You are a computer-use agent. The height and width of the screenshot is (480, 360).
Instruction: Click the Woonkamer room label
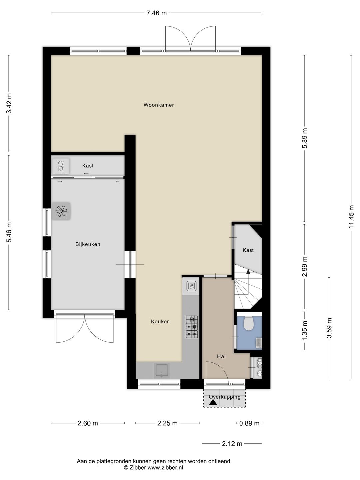[x=159, y=105]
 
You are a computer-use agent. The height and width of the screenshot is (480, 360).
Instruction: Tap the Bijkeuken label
[x=88, y=244]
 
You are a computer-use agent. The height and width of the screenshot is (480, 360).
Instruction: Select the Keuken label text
[x=160, y=321]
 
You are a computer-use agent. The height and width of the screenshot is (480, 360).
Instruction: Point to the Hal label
[x=221, y=356]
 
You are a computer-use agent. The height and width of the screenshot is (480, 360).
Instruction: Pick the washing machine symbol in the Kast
[x=61, y=166]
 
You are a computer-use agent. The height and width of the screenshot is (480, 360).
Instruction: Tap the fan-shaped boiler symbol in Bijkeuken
[x=61, y=211]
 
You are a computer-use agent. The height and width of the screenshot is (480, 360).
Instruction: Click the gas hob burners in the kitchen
[x=192, y=327]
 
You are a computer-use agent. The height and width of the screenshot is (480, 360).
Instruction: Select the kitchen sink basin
[x=162, y=370]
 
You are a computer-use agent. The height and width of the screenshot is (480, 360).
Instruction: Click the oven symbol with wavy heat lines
[x=191, y=286]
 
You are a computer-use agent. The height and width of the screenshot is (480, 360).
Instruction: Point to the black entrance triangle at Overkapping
[x=213, y=403]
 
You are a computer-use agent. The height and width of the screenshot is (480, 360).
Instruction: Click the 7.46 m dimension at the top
[x=157, y=13]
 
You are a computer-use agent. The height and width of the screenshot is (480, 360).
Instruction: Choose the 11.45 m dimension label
[x=351, y=217]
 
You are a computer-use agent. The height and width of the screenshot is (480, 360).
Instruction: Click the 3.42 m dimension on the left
[x=9, y=104]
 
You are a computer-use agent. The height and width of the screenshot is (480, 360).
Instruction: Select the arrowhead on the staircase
[x=248, y=272]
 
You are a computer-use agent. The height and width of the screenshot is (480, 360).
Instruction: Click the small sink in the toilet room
[x=259, y=343]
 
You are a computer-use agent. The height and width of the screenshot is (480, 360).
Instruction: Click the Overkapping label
[x=225, y=397]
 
